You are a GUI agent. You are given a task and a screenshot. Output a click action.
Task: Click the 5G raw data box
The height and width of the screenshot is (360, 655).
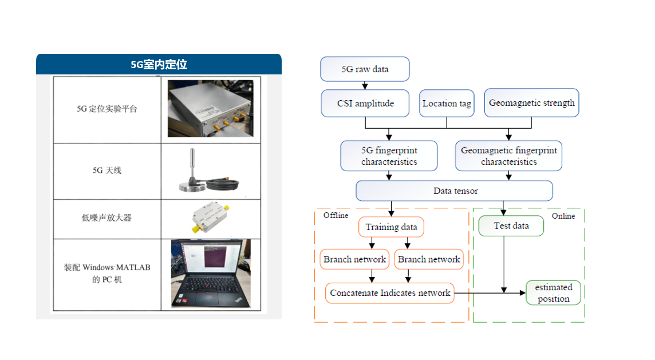365,69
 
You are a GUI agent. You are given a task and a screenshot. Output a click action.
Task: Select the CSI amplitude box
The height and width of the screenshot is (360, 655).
365,104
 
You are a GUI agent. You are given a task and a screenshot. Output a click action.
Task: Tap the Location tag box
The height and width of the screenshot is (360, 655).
447,104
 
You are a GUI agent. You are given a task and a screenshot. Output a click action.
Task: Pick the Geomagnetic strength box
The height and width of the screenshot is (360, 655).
531,103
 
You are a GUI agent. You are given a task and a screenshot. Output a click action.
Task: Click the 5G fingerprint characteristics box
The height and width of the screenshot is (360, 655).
389,156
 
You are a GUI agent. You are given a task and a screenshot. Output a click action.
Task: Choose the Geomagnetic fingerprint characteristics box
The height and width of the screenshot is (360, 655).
508,156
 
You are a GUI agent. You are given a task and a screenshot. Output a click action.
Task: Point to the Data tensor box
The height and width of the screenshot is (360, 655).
455,191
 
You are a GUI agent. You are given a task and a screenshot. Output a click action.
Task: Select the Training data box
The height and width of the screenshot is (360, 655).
391,227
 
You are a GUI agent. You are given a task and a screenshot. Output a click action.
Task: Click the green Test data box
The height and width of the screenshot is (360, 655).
511,226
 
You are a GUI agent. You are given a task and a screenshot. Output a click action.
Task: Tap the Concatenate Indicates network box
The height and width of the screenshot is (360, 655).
389,292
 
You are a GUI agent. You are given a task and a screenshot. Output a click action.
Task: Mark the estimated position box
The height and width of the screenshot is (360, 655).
553,292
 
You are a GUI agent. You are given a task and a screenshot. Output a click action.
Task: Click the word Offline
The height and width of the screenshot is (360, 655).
336,215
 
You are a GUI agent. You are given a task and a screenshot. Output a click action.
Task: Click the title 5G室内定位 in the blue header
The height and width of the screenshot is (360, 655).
159,65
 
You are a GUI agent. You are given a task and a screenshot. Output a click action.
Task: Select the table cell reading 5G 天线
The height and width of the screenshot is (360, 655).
107,170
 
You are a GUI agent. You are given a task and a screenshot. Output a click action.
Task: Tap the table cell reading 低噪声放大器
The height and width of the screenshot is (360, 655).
107,218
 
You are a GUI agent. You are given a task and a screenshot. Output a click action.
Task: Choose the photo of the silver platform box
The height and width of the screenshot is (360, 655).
210,109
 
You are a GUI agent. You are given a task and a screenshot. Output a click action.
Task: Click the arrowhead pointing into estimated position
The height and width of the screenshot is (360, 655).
522,292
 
